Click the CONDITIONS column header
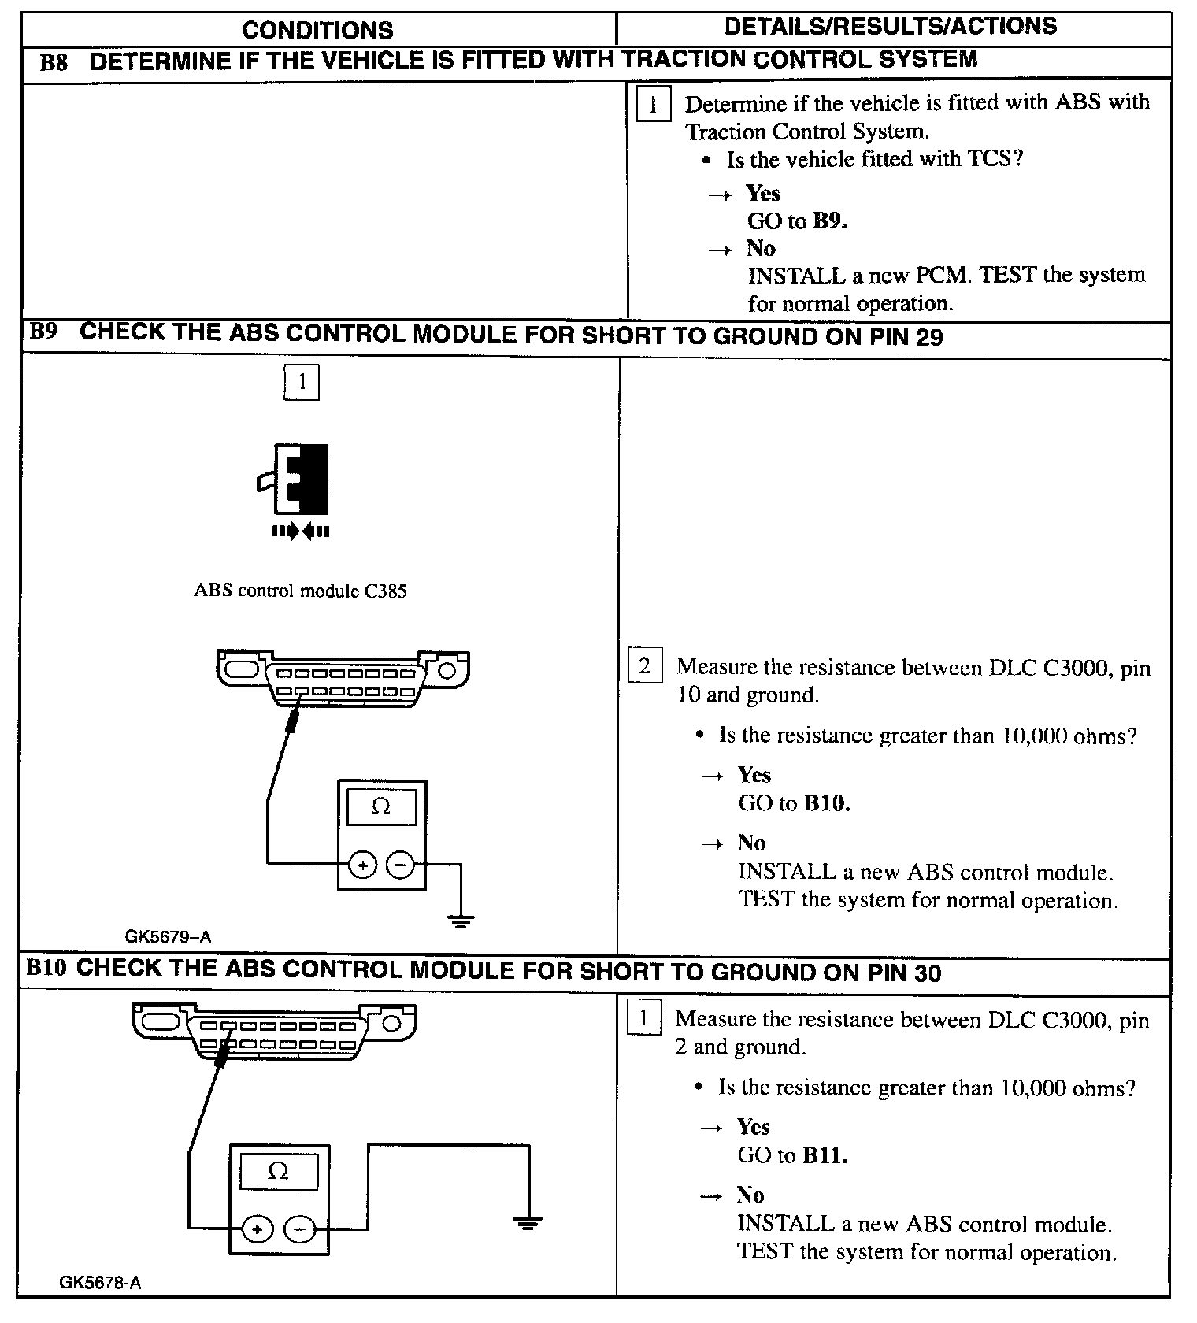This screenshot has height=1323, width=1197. [317, 30]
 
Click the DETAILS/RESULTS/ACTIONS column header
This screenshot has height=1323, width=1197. [890, 27]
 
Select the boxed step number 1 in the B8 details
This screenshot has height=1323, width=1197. [653, 104]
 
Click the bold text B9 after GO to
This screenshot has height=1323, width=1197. [829, 221]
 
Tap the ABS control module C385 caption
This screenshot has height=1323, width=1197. [300, 591]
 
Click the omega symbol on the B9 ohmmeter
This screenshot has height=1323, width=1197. [381, 807]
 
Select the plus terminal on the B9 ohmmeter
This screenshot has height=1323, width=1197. [362, 865]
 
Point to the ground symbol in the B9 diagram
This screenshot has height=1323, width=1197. [461, 919]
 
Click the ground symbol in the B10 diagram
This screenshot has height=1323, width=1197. [528, 1223]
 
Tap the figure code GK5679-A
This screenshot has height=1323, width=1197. [168, 936]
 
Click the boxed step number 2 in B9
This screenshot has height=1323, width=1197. [644, 666]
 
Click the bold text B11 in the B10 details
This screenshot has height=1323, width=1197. [825, 1155]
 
